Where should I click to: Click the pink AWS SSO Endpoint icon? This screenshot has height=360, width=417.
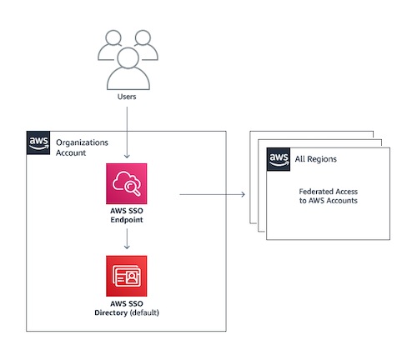pos(127,183)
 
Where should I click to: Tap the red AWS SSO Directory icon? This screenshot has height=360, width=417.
pos(127,276)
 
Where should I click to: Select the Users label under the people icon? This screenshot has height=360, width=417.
pos(127,97)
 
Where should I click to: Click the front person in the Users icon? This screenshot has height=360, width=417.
pos(128,69)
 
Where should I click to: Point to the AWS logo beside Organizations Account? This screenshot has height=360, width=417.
pos(38,142)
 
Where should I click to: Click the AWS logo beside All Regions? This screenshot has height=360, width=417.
pos(279,159)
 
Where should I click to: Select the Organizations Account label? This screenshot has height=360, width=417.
pos(82,147)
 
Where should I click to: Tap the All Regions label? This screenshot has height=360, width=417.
pos(316,159)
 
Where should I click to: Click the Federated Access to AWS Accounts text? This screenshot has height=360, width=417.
pos(329,196)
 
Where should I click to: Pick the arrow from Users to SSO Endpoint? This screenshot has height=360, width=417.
pos(127,132)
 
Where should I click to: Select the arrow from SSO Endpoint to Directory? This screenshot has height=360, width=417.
pos(127,239)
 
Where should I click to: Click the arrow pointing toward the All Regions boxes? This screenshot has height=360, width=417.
pos(213,194)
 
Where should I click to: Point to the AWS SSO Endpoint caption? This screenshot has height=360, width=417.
pos(127,215)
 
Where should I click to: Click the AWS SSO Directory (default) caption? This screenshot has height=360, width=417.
pos(127,308)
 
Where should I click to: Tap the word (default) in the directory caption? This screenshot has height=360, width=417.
pos(144,312)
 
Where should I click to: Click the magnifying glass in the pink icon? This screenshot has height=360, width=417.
pos(133,187)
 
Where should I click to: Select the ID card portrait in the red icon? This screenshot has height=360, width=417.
pos(132,277)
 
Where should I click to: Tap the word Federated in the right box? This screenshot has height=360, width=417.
pos(313,192)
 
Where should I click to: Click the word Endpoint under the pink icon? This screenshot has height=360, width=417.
pos(127,220)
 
